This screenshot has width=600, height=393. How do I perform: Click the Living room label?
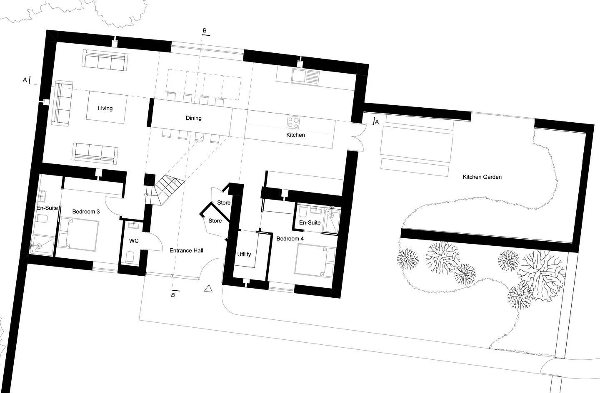[x=105, y=109]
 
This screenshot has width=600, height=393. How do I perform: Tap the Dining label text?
[x=193, y=118]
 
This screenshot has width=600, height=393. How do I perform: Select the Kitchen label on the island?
[x=295, y=135]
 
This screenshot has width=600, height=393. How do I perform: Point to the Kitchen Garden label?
[x=482, y=177]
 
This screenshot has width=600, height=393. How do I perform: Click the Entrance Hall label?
[x=186, y=250]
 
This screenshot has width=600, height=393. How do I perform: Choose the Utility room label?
[x=244, y=254]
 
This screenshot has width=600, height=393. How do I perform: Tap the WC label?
[x=134, y=241]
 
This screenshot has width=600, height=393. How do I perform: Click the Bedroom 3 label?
[x=86, y=212]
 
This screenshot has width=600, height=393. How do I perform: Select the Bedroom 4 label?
[x=290, y=239]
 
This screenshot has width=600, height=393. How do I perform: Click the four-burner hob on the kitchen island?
[x=293, y=122]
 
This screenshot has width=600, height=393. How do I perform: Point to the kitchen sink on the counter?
[x=305, y=76]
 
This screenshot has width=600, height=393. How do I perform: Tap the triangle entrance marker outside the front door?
[x=209, y=288]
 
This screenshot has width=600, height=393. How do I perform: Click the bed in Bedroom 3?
[x=79, y=235]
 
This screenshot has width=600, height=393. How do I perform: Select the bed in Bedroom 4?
[x=315, y=260]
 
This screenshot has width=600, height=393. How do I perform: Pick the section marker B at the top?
[x=204, y=31]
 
